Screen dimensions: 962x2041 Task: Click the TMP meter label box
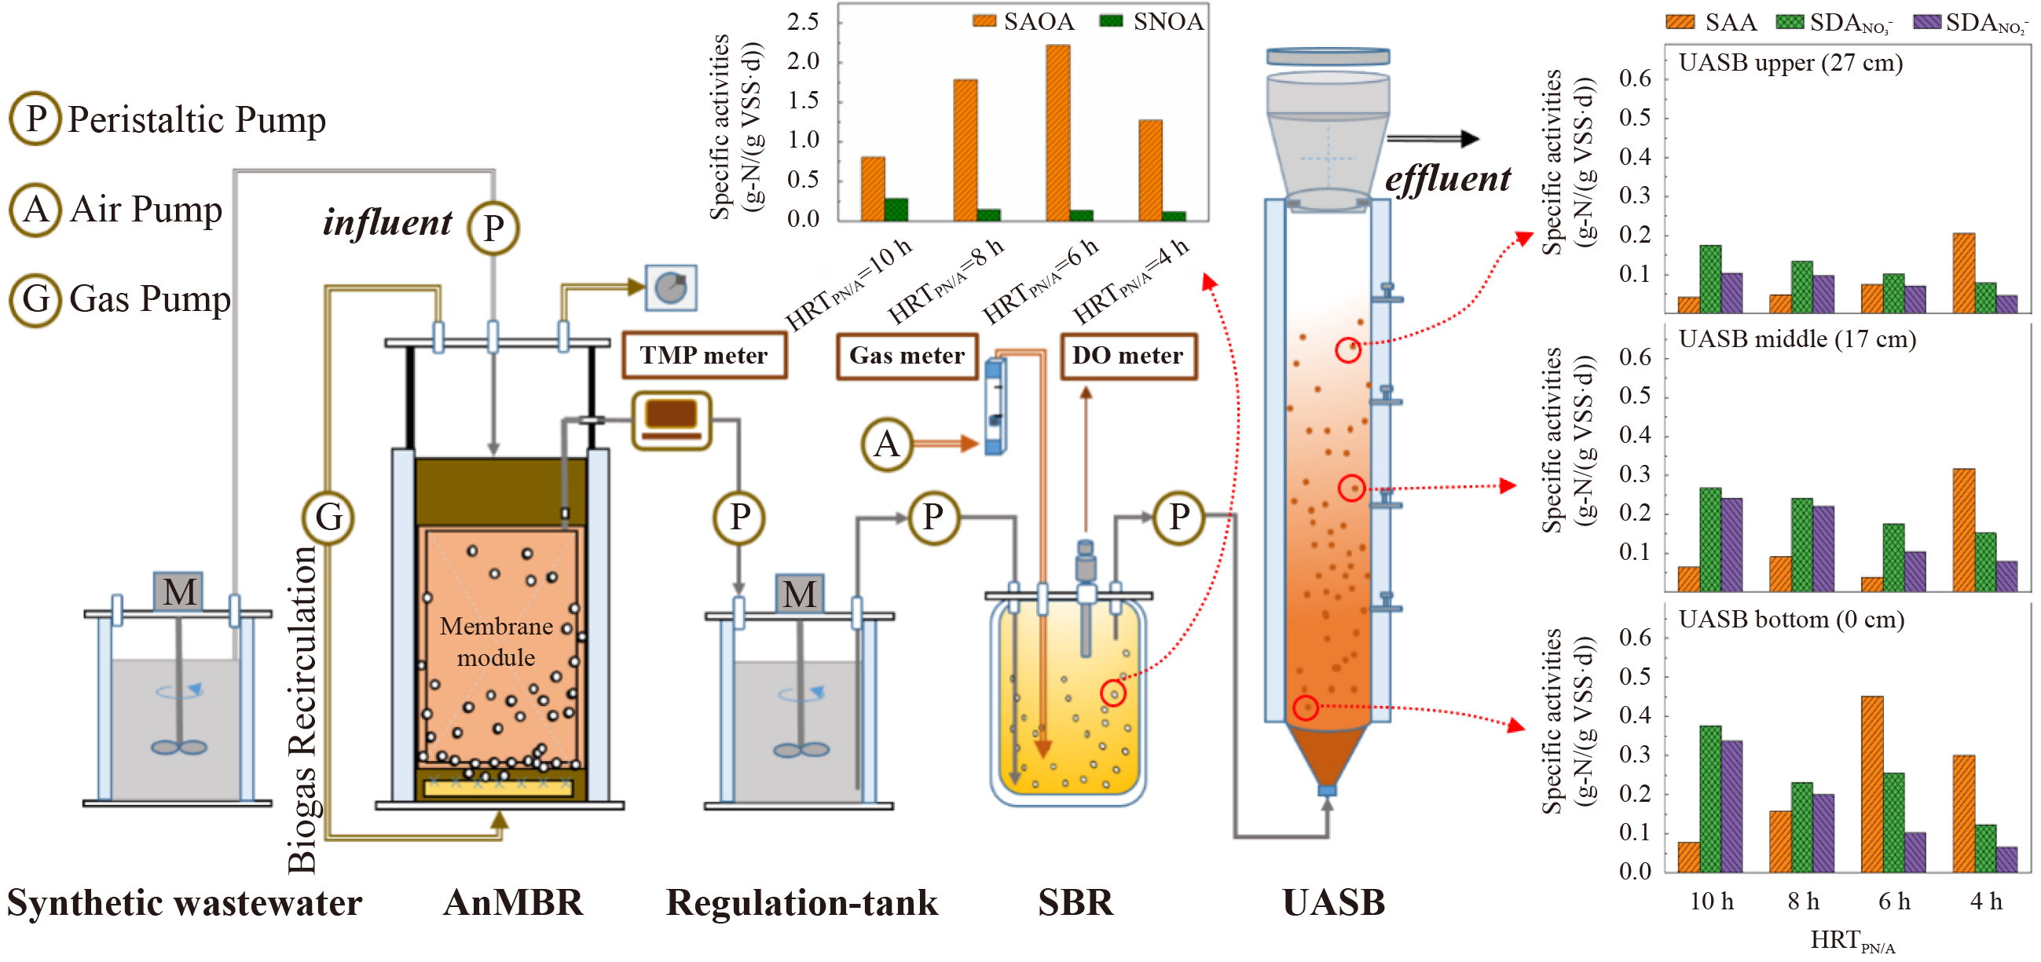(x=704, y=356)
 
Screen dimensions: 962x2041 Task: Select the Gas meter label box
(x=907, y=356)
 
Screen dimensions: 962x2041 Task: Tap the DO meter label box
(x=1127, y=356)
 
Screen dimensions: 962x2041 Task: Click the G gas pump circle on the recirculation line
(x=328, y=518)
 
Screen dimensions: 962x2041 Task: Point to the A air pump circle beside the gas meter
(x=887, y=444)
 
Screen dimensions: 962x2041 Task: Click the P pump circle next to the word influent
(x=493, y=228)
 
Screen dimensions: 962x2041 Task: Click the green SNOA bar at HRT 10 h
(x=896, y=209)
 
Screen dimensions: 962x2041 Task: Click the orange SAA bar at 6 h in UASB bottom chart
(x=1871, y=784)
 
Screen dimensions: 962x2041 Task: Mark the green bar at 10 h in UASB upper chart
(x=1709, y=279)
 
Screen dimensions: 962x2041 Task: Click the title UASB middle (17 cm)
(x=1796, y=339)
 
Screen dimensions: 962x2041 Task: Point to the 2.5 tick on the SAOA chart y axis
(x=803, y=22)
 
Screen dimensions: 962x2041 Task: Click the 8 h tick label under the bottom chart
(x=1803, y=901)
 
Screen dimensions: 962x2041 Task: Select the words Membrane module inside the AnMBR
(x=497, y=642)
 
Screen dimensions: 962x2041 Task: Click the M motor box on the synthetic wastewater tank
(x=178, y=591)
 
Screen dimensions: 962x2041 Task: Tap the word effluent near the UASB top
(x=1447, y=179)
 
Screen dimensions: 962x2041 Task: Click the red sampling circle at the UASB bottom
(x=1305, y=707)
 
